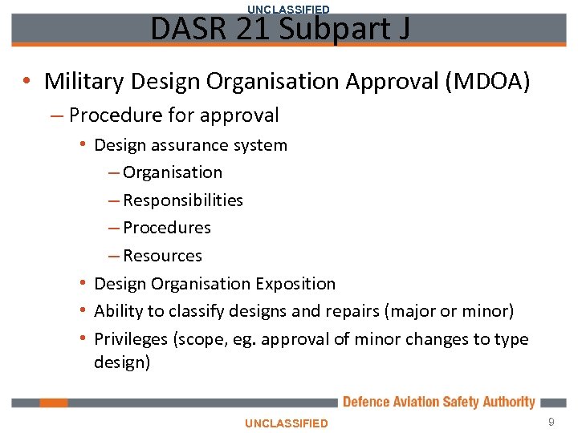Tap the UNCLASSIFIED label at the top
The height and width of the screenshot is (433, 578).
click(x=288, y=9)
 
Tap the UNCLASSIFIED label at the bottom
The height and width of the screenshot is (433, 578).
click(x=287, y=423)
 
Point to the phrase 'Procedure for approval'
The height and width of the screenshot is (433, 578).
click(x=173, y=115)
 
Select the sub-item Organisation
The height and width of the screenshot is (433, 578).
click(x=173, y=172)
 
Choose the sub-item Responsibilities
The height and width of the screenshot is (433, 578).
click(x=183, y=200)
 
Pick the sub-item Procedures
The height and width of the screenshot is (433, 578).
click(x=167, y=228)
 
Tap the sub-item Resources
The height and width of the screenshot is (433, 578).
click(x=162, y=256)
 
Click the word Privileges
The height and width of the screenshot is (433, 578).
click(x=130, y=339)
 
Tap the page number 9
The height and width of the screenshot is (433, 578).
click(x=551, y=422)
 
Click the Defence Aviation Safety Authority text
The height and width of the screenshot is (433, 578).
click(x=438, y=402)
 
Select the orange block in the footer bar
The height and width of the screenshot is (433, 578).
click(x=54, y=403)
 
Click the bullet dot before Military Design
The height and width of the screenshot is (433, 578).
click(x=27, y=81)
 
